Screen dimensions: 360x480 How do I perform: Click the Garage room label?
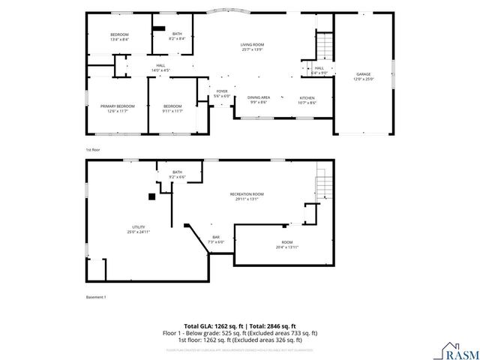(x=363, y=76)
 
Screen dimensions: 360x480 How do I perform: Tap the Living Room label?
(x=252, y=47)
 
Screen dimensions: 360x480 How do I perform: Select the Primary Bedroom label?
(x=118, y=108)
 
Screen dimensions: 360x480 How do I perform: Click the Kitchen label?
(x=307, y=100)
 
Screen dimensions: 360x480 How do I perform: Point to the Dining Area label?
(x=259, y=100)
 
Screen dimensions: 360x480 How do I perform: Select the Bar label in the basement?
(x=215, y=239)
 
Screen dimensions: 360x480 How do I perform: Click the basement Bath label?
(x=177, y=175)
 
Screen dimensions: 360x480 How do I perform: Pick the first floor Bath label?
(x=177, y=35)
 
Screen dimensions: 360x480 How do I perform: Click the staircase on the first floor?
(x=322, y=48)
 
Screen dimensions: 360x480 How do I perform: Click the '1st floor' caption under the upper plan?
(x=92, y=149)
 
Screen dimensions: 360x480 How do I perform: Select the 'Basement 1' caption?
(x=96, y=297)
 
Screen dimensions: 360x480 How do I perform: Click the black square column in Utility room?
(x=151, y=196)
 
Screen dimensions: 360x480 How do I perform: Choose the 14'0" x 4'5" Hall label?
(x=160, y=67)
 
